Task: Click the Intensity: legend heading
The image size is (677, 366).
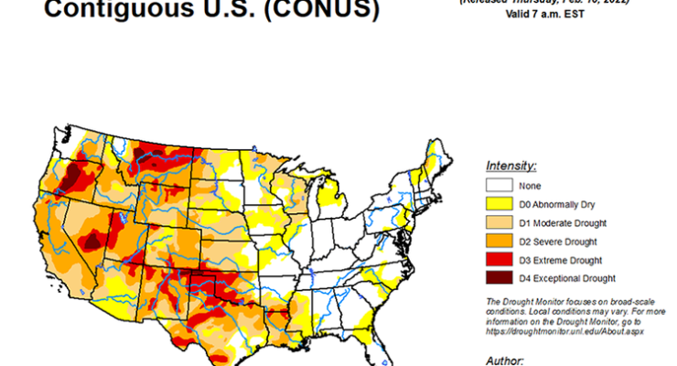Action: (510, 167)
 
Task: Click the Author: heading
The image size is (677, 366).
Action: (507, 359)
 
